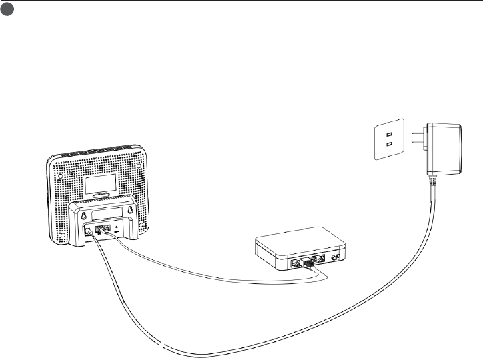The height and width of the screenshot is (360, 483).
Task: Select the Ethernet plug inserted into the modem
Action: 308,263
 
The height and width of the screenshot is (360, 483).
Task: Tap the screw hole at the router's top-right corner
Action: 139,163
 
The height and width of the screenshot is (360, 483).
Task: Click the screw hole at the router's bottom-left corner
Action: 62,236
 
